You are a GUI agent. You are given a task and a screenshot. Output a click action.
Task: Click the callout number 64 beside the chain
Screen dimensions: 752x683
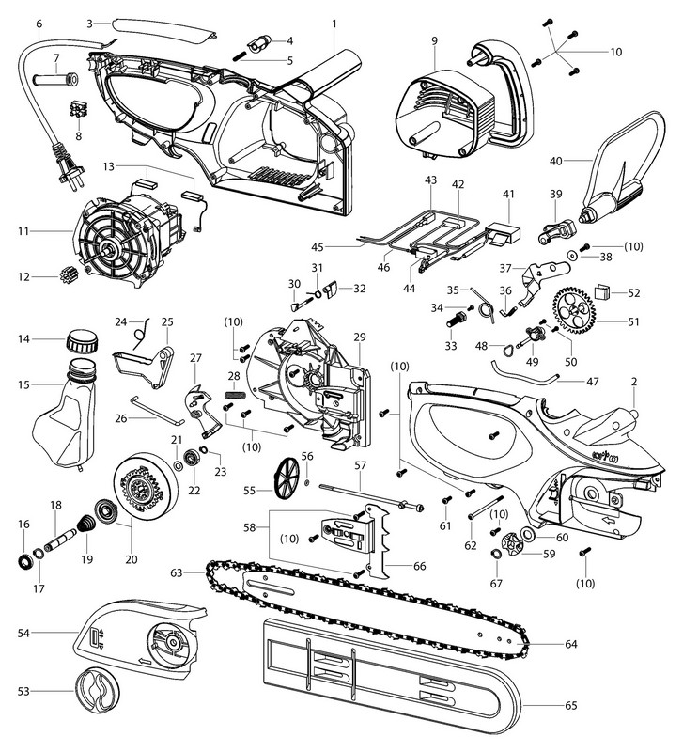pos(569,644)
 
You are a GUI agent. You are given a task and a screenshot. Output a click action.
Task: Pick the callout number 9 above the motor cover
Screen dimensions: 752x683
pos(435,40)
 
